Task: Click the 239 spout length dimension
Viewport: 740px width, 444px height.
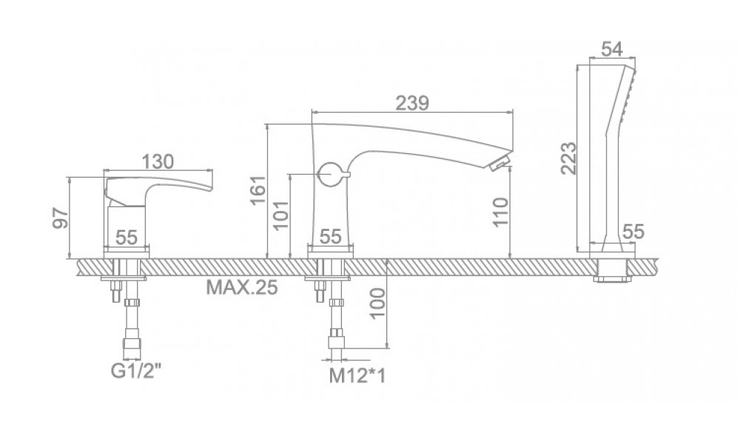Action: (411, 103)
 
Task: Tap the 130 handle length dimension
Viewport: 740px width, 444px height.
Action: (158, 161)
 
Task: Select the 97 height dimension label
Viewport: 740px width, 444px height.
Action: (61, 217)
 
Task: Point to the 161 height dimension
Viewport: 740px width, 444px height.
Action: (258, 190)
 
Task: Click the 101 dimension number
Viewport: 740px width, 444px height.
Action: (280, 215)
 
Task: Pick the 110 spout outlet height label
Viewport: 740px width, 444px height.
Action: (501, 212)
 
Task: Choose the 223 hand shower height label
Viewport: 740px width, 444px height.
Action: (568, 158)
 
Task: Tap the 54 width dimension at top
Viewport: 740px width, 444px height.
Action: (612, 49)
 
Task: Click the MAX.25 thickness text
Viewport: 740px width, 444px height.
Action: (242, 287)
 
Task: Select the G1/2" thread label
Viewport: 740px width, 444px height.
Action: (136, 371)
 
